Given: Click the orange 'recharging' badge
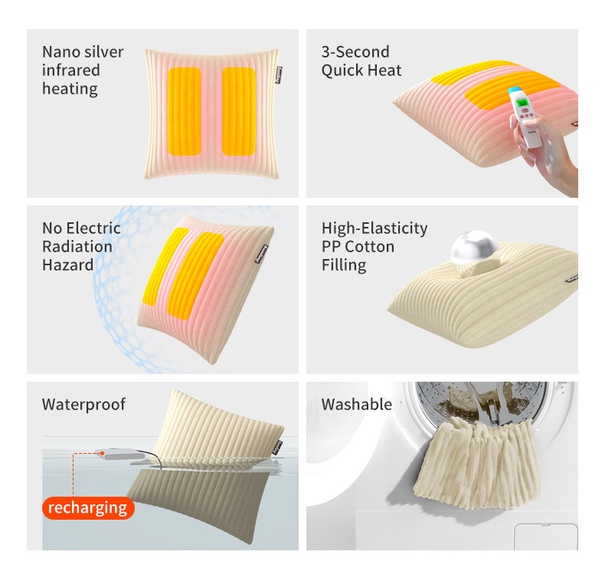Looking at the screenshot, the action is tap(88, 507).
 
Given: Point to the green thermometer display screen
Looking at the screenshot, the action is tap(522, 103).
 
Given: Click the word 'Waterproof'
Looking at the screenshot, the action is tap(83, 405).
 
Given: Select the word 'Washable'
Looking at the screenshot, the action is tap(357, 405).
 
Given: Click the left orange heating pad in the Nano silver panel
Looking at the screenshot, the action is tap(185, 111).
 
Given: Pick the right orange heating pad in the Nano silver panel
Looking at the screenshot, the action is tap(239, 111).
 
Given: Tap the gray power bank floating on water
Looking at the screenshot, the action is tap(120, 455).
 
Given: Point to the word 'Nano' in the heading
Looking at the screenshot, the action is tap(60, 52).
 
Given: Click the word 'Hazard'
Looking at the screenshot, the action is tap(68, 265).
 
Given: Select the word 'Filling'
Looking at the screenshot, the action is tap(344, 266).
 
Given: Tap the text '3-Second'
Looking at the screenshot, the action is tap(355, 52).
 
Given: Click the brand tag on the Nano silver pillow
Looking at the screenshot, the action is tap(279, 75).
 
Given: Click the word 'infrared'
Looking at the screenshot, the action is tap(71, 71).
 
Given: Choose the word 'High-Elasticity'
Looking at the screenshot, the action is tap(374, 228).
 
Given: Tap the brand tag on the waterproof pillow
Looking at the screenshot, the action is tap(277, 448).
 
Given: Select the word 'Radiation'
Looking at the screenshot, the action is tap(77, 247).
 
